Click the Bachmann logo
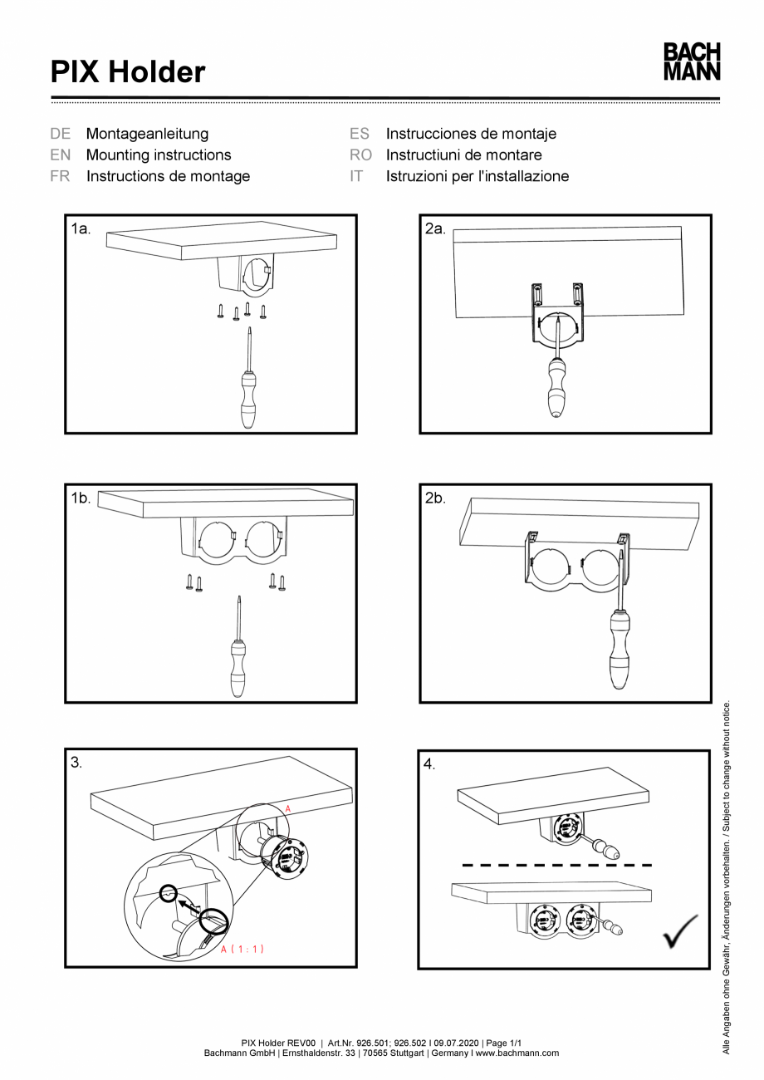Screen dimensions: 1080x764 pyautogui.click(x=691, y=62)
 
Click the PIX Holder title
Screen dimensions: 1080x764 pyautogui.click(x=128, y=72)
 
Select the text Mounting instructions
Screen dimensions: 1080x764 pyautogui.click(x=159, y=155)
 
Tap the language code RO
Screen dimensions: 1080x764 pyautogui.click(x=360, y=155)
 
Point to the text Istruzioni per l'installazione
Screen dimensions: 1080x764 pyautogui.click(x=477, y=176)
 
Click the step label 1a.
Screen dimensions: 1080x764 pyautogui.click(x=81, y=228)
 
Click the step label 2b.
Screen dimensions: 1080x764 pyautogui.click(x=435, y=498)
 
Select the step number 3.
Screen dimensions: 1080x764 pyautogui.click(x=76, y=763)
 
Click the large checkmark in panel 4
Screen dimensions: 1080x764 pyautogui.click(x=680, y=931)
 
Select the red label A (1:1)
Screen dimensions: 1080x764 pyautogui.click(x=242, y=949)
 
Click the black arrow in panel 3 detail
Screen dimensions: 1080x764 pyautogui.click(x=190, y=904)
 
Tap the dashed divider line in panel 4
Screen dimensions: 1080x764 pyautogui.click(x=556, y=865)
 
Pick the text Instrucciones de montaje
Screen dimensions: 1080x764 pyautogui.click(x=471, y=134)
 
